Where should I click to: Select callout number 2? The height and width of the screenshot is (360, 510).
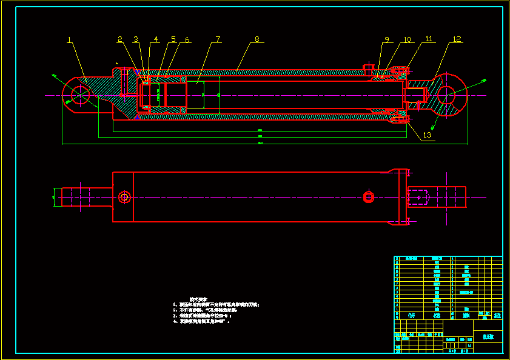[120, 39]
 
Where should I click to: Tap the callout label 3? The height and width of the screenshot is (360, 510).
[135, 39]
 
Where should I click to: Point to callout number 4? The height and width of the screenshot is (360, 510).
[156, 39]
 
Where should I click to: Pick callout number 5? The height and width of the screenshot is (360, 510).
[173, 39]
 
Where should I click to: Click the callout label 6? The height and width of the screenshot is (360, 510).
[187, 39]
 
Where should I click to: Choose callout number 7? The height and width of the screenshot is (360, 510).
[218, 39]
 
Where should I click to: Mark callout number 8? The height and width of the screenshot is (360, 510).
[257, 39]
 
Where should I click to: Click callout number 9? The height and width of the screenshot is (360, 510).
[386, 39]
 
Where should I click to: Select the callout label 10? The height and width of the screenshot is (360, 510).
[407, 39]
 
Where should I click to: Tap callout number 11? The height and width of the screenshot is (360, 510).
[429, 39]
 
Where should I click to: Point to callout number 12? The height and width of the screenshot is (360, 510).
[457, 39]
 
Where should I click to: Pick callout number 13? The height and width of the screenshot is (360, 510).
[428, 135]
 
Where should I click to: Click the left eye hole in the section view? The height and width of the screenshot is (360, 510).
[80, 95]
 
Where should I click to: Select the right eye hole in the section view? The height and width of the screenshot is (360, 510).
[447, 96]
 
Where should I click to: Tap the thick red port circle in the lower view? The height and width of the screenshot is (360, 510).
[368, 196]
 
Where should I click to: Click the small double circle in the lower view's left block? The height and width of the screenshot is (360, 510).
[124, 197]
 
